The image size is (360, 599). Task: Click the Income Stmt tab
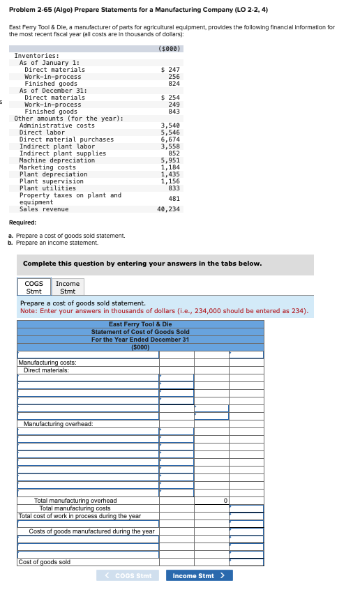pos(68,287)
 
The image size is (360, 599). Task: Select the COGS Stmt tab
pos(33,287)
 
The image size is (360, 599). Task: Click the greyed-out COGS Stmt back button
pos(128,575)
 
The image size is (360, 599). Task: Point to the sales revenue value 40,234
pos(168,209)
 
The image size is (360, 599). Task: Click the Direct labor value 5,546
pos(170,132)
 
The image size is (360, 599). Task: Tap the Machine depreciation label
pos(57,160)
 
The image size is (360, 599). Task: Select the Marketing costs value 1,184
pos(170,167)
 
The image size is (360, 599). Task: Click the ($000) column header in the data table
pos(170,49)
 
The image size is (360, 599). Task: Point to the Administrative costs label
pos(57,126)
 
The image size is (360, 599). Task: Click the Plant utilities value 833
pos(174,188)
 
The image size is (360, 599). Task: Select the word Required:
pos(22,222)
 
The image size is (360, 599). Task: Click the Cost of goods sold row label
pos(44,562)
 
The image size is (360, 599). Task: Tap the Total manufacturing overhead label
pos(75,501)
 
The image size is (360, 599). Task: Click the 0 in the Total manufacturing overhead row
pos(225,501)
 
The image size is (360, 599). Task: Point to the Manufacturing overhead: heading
pos(58,424)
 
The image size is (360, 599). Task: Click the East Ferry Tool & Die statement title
pos(140,324)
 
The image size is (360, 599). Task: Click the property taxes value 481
pos(174,199)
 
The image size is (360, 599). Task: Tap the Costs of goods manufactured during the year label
pos(91,531)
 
